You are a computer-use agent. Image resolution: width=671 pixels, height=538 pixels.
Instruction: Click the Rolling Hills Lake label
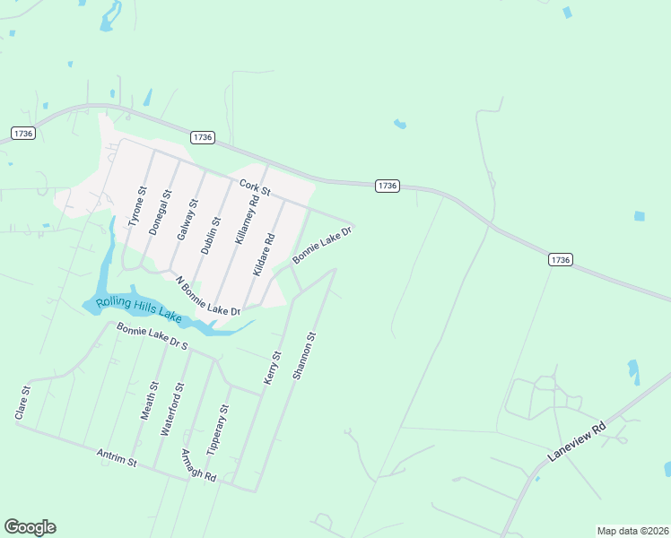[x=138, y=309]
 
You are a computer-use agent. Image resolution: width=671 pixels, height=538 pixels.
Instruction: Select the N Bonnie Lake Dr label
[x=207, y=296]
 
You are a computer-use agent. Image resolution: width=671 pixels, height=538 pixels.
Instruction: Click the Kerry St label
[x=272, y=368]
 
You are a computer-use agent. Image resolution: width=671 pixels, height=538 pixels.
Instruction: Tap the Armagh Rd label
[x=197, y=464]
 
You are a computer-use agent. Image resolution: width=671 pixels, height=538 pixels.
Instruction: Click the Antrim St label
[x=116, y=458]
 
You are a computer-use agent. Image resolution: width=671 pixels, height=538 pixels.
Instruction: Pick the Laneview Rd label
[x=577, y=443]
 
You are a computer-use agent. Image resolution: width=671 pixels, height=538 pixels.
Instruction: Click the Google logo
[x=30, y=526]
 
